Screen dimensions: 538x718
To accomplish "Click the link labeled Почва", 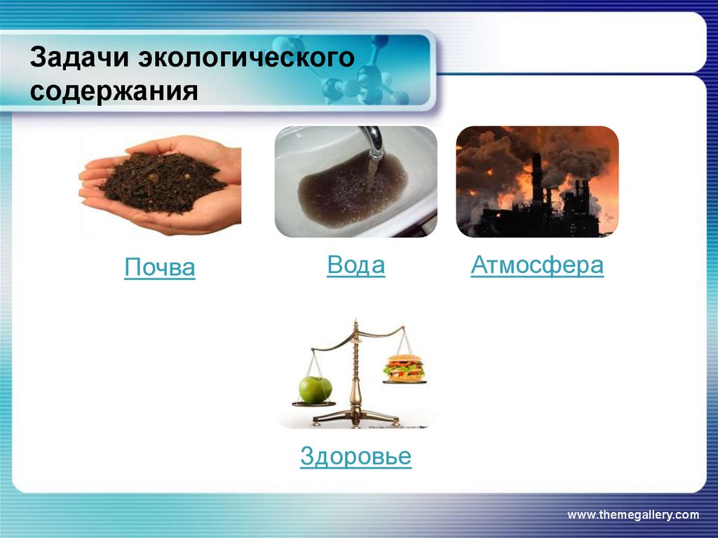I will (x=159, y=268).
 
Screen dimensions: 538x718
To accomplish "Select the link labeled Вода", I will (x=355, y=266).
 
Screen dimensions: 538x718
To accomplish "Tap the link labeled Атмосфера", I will (x=537, y=266).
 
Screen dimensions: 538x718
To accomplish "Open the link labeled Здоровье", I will (x=355, y=457).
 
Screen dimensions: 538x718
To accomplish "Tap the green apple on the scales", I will (x=315, y=389).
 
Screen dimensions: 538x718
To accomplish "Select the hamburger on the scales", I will (x=404, y=368).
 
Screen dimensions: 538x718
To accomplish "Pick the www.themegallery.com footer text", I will (x=632, y=515).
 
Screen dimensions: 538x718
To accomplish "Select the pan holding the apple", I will (x=314, y=403).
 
